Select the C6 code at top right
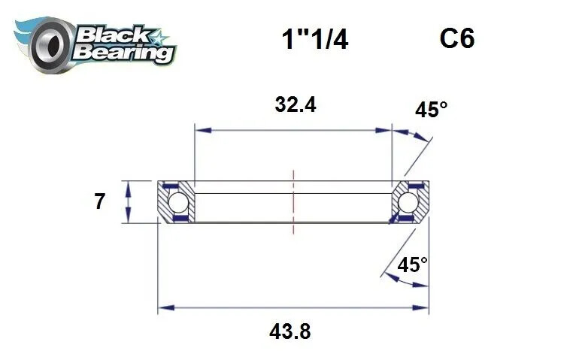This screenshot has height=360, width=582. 457,38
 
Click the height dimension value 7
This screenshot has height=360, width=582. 100,201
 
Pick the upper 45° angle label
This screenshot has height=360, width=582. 431,110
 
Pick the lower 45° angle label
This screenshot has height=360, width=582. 412,265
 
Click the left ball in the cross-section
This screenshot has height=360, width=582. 177,202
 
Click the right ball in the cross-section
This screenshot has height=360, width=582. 408,202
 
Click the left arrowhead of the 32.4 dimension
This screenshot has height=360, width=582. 200,130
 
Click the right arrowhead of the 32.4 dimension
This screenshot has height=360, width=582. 386,130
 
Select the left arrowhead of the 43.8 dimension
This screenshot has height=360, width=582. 163,307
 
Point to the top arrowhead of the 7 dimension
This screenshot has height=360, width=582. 129,185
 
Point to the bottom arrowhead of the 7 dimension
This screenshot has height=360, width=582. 129,219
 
